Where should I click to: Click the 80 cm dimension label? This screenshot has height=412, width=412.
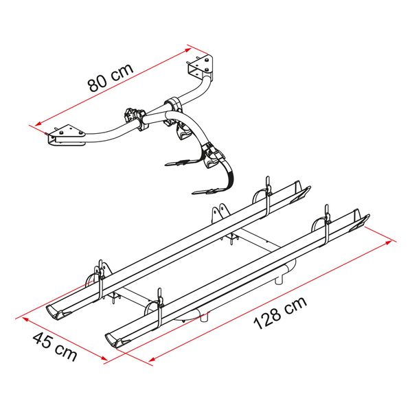coord(111,77)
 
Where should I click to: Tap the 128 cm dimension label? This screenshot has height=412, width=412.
coord(280,312)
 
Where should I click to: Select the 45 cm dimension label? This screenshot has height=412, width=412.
coord(55,347)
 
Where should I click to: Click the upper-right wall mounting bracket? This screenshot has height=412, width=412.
coord(201,67)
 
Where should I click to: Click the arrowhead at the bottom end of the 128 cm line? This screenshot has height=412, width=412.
coord(152,358)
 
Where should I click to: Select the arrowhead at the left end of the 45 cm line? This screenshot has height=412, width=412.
coord(25,319)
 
